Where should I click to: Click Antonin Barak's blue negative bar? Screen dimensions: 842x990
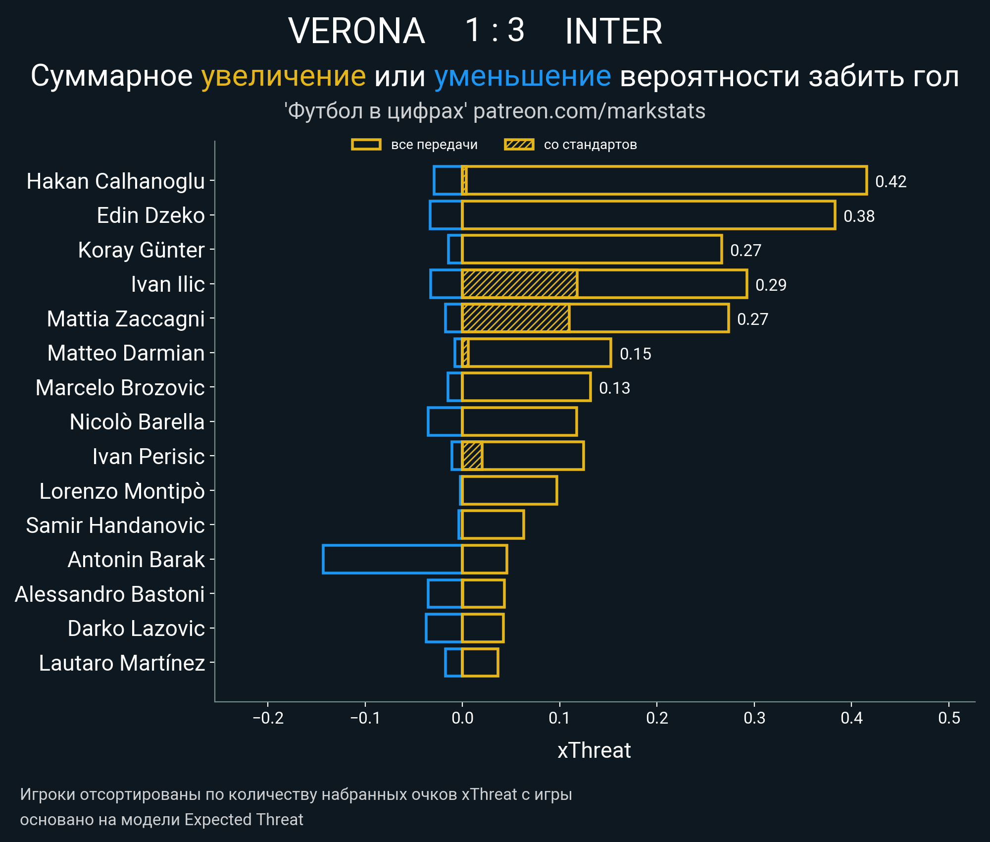(x=392, y=559)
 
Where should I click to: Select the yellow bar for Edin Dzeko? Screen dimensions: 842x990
(x=648, y=215)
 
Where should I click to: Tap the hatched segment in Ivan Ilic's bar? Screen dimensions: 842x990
(x=519, y=284)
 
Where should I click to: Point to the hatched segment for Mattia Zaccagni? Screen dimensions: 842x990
(x=515, y=318)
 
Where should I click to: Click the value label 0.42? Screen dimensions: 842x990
(x=891, y=182)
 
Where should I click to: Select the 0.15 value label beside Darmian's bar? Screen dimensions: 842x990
(x=635, y=354)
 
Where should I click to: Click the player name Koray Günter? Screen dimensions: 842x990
(x=141, y=250)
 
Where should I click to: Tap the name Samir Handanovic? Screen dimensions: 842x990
(x=115, y=526)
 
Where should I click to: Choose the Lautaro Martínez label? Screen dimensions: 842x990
(x=122, y=663)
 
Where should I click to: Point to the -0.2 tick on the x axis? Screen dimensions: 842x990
(x=268, y=718)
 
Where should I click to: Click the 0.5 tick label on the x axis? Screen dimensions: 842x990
(x=949, y=718)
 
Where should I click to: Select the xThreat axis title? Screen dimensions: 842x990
(x=594, y=750)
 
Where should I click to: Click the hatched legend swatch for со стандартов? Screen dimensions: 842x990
(x=519, y=145)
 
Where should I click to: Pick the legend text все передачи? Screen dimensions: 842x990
(x=434, y=145)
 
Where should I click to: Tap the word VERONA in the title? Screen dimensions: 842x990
(x=356, y=31)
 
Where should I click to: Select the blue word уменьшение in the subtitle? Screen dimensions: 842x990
(x=522, y=76)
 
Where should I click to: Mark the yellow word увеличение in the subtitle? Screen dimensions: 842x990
(x=283, y=76)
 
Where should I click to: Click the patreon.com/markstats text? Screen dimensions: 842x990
(x=589, y=111)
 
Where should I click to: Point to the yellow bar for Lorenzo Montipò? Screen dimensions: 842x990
(x=509, y=490)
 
